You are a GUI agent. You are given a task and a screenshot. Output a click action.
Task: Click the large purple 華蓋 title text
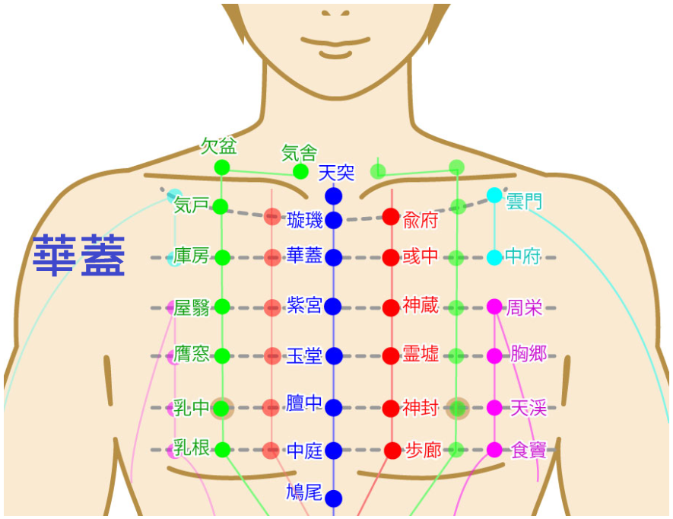[x=79, y=255]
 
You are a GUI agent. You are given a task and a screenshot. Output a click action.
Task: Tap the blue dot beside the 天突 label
[x=334, y=196]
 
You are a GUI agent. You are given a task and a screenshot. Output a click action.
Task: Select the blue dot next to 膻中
[x=334, y=408]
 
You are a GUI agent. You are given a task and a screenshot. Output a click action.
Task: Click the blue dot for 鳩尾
[x=334, y=498]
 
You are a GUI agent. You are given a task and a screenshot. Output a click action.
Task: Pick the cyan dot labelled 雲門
[x=494, y=196]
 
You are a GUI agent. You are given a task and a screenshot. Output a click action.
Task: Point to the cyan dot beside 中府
[x=494, y=258]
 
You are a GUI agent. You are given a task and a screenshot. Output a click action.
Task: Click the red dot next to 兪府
[x=391, y=217]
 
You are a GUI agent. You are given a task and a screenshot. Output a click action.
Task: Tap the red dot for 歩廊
[x=392, y=451]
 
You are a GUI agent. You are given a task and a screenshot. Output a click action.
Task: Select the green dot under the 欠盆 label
[x=222, y=167]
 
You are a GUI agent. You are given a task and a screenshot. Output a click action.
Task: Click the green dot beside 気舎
[x=300, y=172]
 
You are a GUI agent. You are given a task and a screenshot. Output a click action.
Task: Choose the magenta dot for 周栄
[x=494, y=307]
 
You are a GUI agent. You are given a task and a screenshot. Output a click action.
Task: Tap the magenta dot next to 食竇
[x=494, y=450]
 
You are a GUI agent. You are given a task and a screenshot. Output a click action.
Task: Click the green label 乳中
[x=191, y=408]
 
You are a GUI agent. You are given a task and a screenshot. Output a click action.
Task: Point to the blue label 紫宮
[x=304, y=305]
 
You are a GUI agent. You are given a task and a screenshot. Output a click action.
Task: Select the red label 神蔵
[x=421, y=305]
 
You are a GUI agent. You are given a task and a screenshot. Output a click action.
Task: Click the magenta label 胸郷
[x=529, y=354]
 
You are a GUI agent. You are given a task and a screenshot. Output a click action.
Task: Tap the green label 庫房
[x=191, y=256]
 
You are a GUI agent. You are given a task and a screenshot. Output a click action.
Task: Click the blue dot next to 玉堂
[x=334, y=356]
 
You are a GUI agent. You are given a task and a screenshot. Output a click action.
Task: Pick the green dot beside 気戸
[x=221, y=207]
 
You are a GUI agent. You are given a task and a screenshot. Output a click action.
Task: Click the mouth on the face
[x=335, y=42]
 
